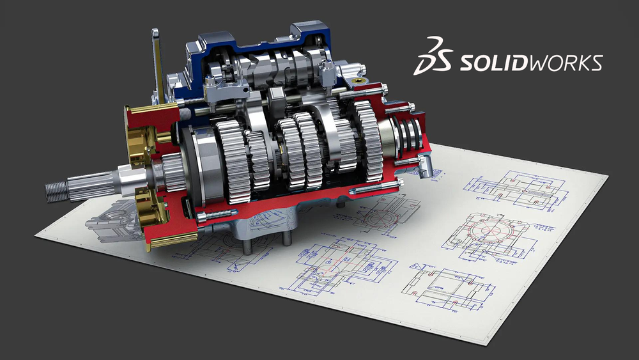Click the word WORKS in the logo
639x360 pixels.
tap(562, 63)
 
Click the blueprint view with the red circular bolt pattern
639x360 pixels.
tap(488, 233)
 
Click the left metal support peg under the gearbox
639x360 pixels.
tap(246, 244)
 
